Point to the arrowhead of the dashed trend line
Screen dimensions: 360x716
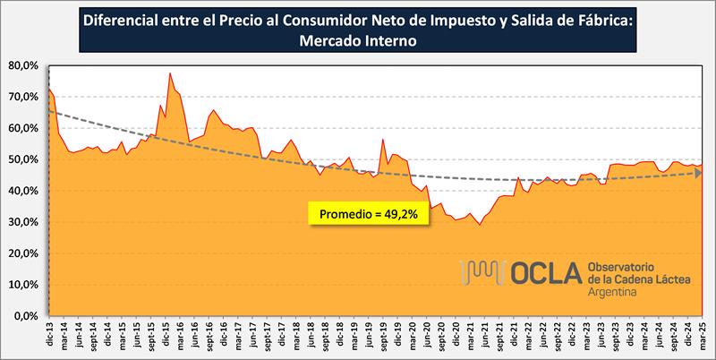pos(696,173)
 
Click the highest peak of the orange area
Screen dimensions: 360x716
pos(170,73)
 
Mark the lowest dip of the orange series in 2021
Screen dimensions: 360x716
pos(479,224)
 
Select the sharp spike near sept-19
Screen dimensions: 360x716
pos(383,140)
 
